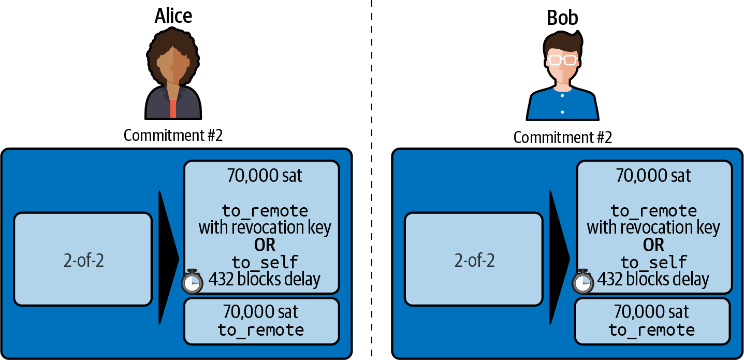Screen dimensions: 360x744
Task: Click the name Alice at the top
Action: (x=173, y=16)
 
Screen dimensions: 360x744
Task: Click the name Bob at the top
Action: (x=562, y=18)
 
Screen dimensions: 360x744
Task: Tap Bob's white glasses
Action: (x=562, y=60)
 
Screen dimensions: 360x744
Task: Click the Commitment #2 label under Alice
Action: (x=173, y=135)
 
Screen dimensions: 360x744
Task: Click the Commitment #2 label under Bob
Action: (x=562, y=137)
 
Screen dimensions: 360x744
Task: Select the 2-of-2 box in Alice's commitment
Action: (x=83, y=259)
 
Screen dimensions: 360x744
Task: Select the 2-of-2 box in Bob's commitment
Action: (x=473, y=259)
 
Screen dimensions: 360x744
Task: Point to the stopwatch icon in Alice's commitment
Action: (x=192, y=281)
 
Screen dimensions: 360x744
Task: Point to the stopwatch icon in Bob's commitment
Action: (x=583, y=281)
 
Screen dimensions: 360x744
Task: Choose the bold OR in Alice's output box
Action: (x=265, y=244)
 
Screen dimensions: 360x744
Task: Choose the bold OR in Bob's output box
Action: (x=653, y=244)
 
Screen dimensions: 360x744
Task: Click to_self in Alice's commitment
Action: (x=265, y=262)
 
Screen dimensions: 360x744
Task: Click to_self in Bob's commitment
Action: (x=653, y=262)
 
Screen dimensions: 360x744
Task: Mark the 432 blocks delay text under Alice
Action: (x=265, y=279)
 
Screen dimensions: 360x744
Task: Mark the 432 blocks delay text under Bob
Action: (x=653, y=279)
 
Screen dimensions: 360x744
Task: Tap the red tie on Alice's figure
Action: (x=173, y=109)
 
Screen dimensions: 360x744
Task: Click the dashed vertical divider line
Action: (x=371, y=181)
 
